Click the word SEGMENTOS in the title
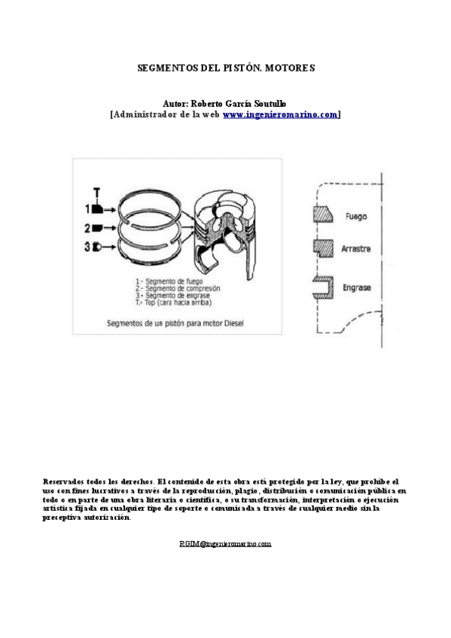[x=163, y=67]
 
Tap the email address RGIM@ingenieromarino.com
[x=225, y=542]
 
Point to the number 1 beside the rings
[x=87, y=208]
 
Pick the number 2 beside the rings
[x=87, y=227]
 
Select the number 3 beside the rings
[x=87, y=246]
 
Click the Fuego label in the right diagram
[x=355, y=217]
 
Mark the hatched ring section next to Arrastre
[x=322, y=247]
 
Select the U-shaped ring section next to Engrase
[x=322, y=286]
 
